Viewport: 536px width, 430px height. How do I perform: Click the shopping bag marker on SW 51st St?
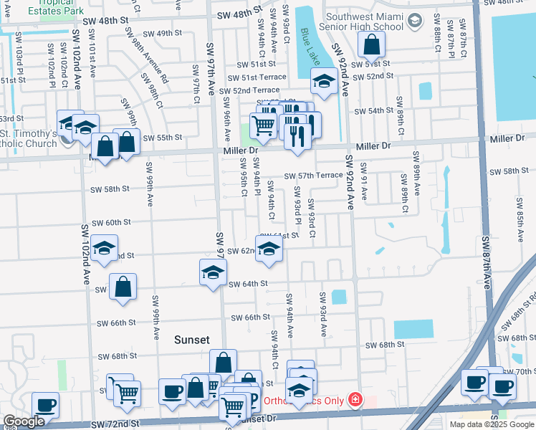click(372, 47)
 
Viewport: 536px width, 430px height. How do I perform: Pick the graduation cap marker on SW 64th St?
click(213, 272)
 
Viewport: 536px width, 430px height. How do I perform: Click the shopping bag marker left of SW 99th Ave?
click(123, 287)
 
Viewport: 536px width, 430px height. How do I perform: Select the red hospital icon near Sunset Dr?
click(354, 399)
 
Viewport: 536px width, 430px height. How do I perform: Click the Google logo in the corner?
click(24, 421)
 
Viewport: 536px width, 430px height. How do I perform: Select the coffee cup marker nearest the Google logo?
click(45, 405)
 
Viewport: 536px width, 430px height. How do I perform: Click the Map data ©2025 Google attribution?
click(492, 424)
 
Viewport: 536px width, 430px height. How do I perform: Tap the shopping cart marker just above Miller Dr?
click(264, 125)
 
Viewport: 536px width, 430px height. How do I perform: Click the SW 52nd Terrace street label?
click(249, 90)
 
